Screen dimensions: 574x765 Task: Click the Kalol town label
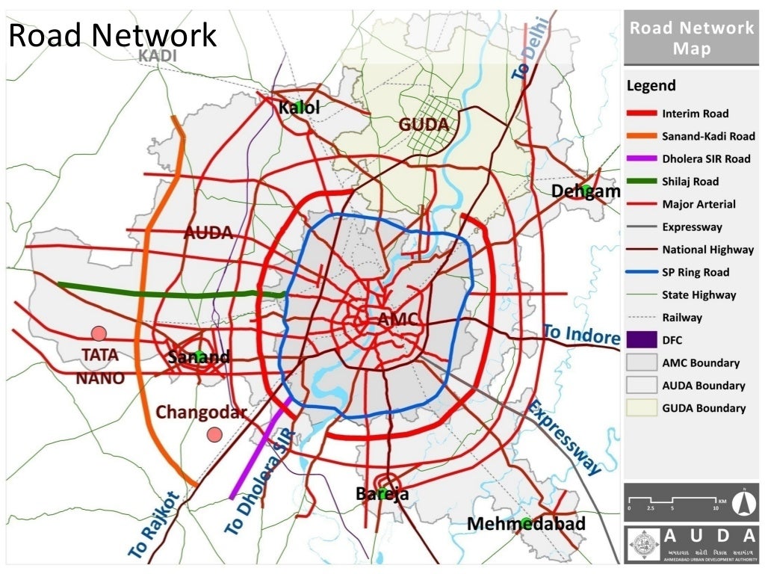point(300,108)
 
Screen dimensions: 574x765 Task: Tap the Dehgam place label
point(586,192)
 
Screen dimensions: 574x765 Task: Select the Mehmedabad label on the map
point(526,524)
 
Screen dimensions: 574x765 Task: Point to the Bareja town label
point(382,494)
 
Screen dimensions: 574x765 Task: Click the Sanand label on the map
point(198,357)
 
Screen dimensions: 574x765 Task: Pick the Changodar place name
point(201,413)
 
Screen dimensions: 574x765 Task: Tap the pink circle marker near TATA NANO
point(98,333)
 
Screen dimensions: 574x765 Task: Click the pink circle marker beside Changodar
point(215,434)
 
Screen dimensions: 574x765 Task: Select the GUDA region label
point(424,125)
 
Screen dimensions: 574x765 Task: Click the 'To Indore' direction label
point(581,334)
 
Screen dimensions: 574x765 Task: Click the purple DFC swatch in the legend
point(640,340)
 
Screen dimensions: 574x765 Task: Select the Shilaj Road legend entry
point(690,182)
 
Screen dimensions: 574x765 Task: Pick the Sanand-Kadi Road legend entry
point(707,136)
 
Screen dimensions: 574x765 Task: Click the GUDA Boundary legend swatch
point(640,408)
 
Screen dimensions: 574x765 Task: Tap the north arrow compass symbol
point(743,502)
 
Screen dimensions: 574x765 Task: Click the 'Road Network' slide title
point(112,35)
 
